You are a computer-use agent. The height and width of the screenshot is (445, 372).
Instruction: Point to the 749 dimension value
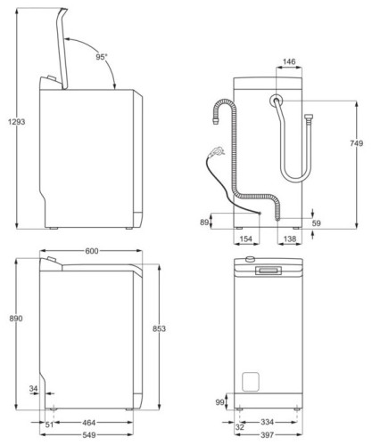[x=355, y=142]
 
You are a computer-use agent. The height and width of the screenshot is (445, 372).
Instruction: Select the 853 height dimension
[x=158, y=329]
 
